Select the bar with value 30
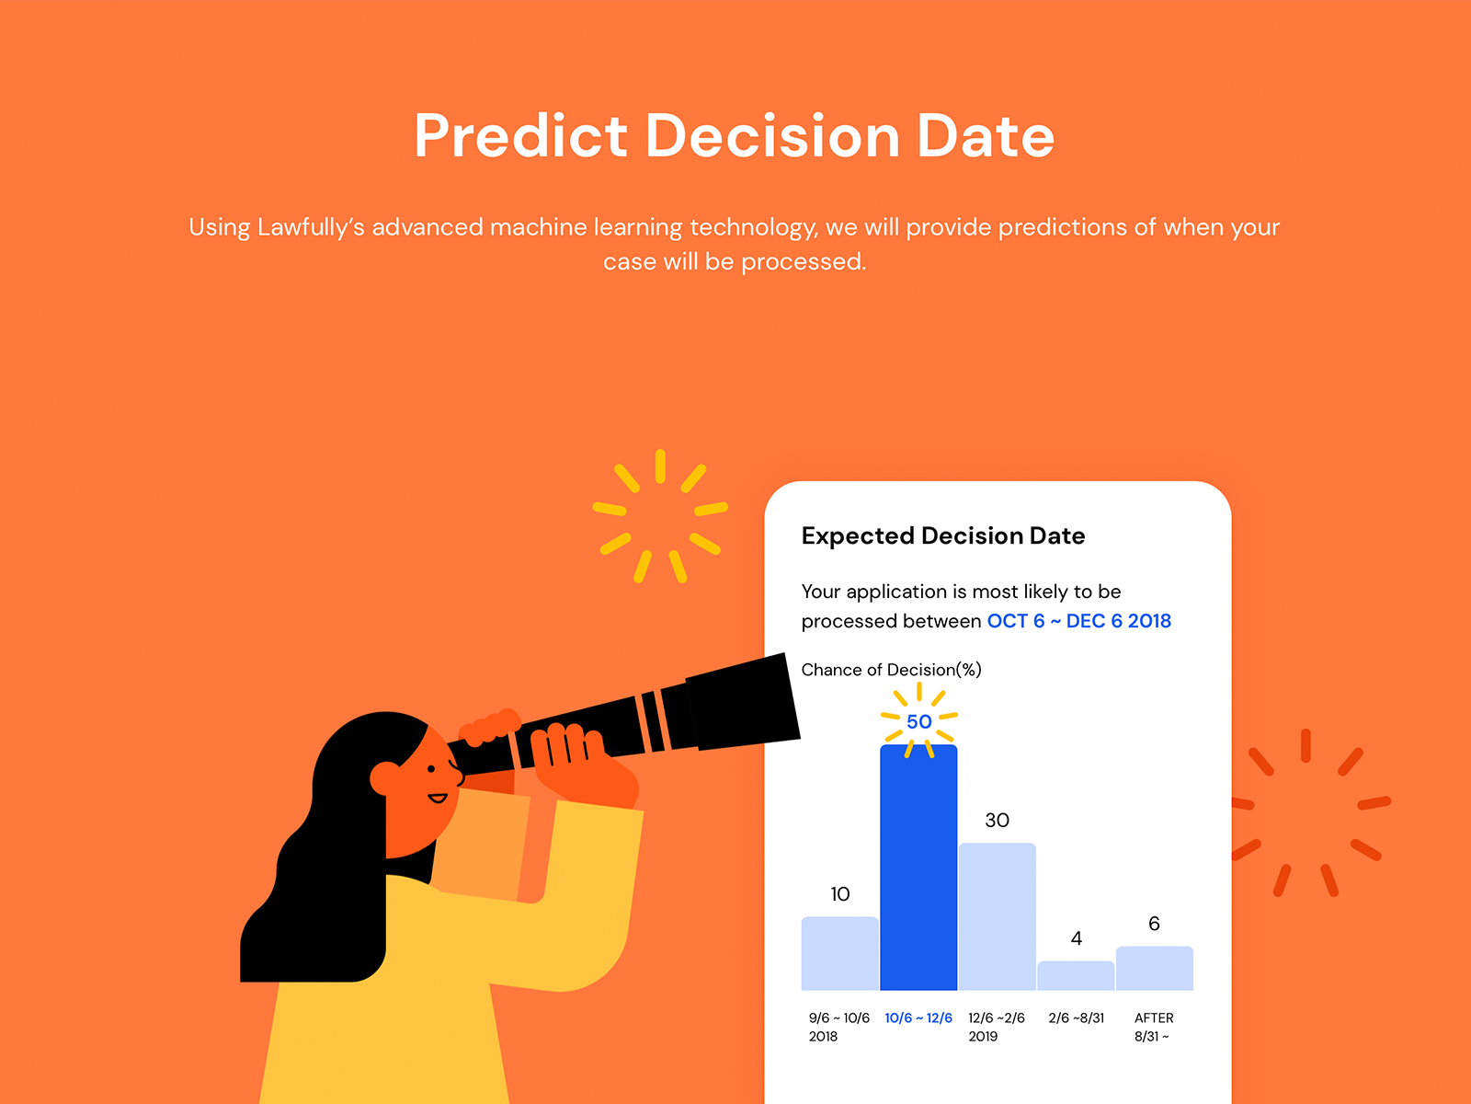[998, 916]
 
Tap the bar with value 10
[839, 953]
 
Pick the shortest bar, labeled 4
[1076, 975]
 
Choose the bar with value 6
[1154, 968]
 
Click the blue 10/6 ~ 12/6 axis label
[918, 1018]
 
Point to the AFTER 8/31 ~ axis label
[1153, 1027]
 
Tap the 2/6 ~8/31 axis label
[1077, 1018]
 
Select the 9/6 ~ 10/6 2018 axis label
[839, 1027]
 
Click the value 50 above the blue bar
[918, 721]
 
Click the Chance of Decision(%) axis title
[891, 670]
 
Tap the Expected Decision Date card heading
[943, 535]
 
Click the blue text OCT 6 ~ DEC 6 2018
[1079, 621]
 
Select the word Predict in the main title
[520, 136]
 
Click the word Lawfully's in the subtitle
[311, 227]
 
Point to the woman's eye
[431, 769]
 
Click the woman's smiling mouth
[438, 798]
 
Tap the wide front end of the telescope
[743, 702]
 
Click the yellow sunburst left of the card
[660, 516]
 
